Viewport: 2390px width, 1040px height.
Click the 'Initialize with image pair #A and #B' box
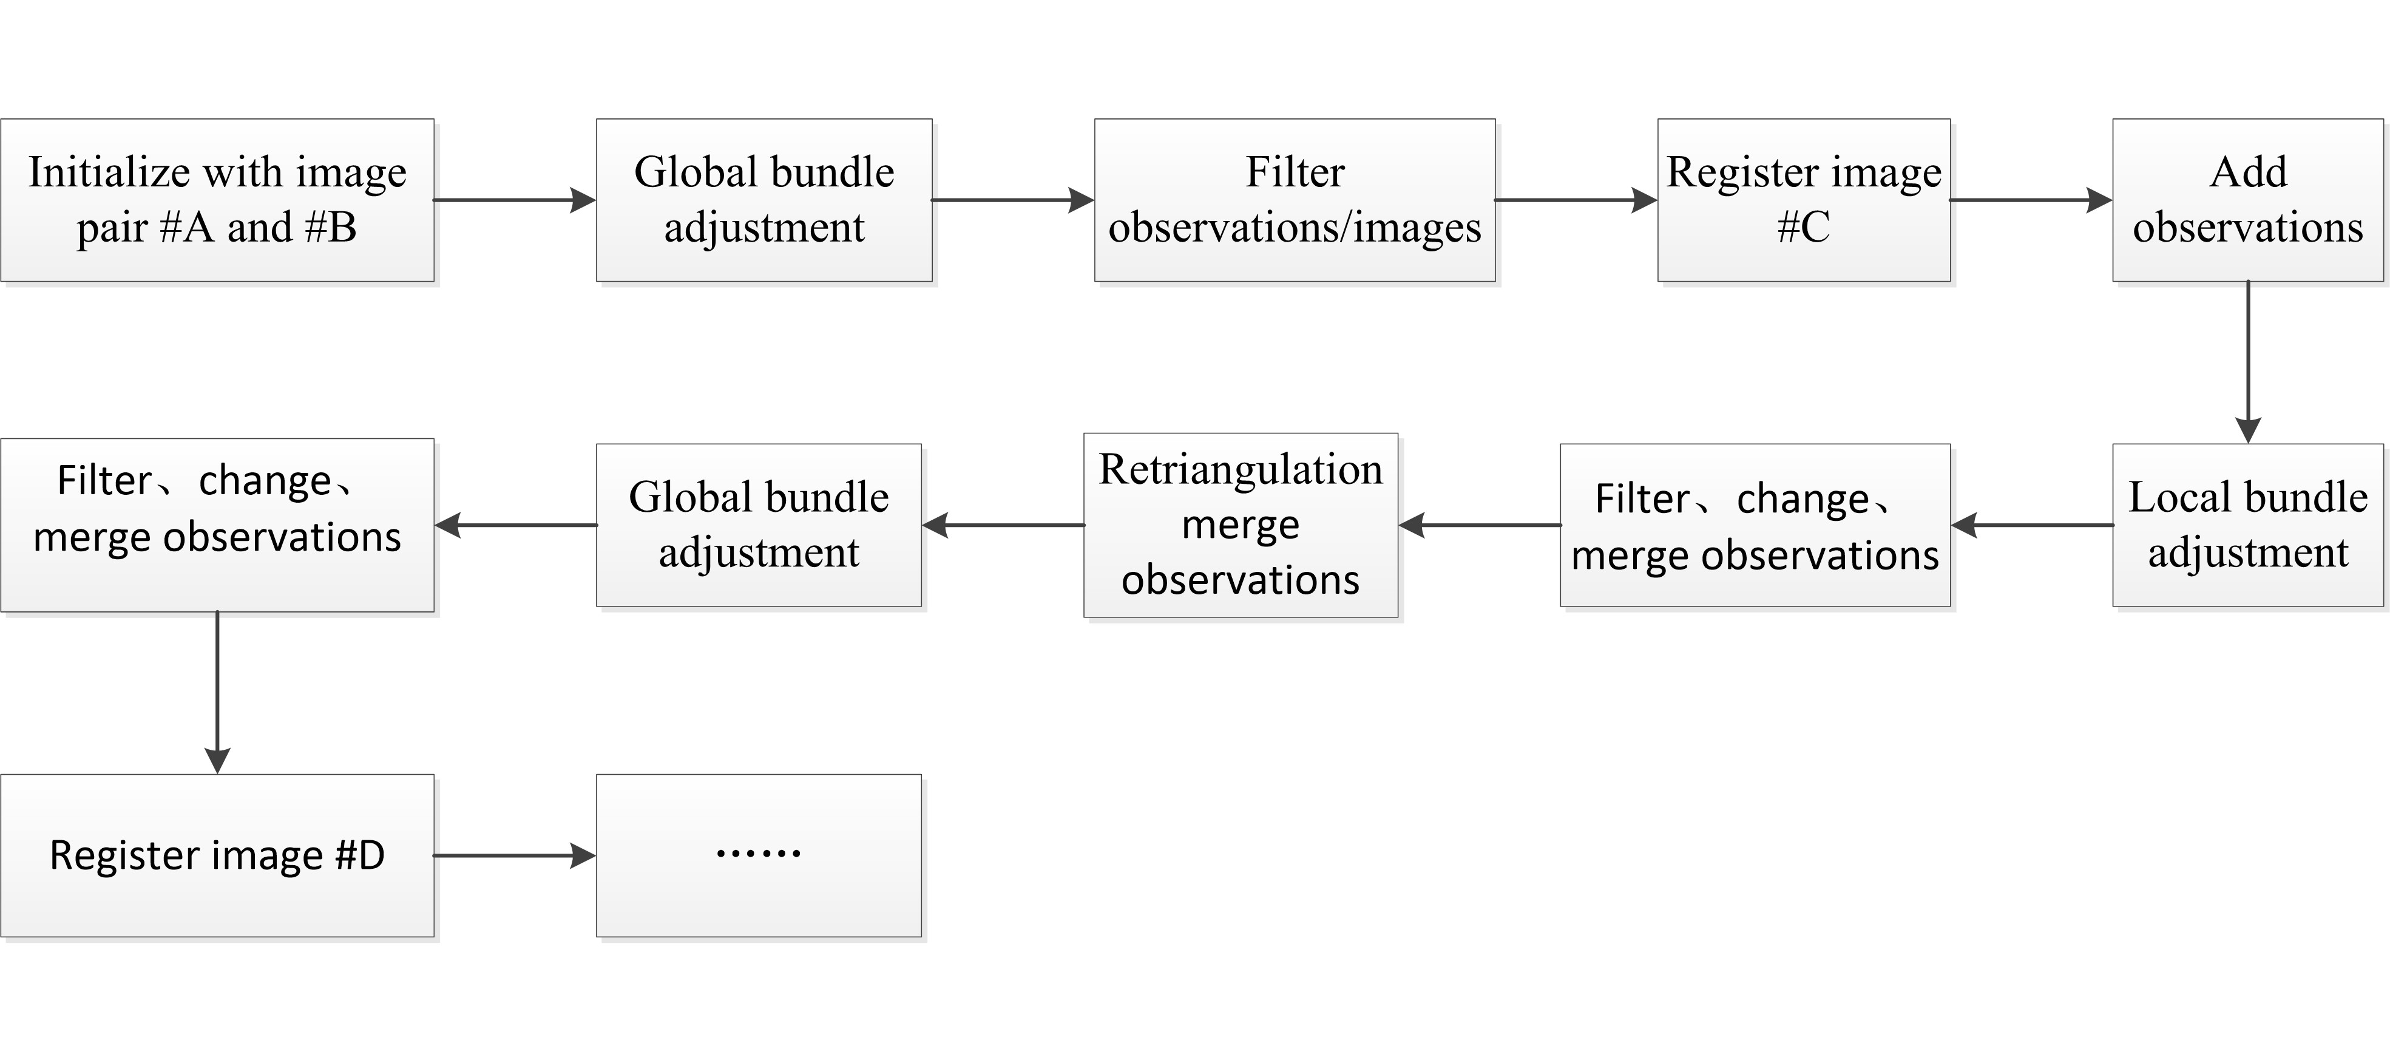point(217,200)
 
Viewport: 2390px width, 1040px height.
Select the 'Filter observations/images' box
point(1295,200)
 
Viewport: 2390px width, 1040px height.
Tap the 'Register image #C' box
point(1804,200)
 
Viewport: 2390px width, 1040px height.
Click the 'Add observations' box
point(2247,200)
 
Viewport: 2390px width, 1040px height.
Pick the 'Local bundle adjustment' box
point(2247,525)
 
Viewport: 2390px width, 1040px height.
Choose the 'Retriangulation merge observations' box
point(1241,525)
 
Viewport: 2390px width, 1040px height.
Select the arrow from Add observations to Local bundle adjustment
point(2247,362)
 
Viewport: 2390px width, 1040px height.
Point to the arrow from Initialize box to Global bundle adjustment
point(514,200)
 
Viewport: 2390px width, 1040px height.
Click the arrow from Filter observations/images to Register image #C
point(1576,200)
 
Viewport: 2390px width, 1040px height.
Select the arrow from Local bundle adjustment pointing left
point(2032,525)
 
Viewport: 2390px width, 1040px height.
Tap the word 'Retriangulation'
point(1241,469)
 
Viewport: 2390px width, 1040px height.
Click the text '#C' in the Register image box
point(1804,227)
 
